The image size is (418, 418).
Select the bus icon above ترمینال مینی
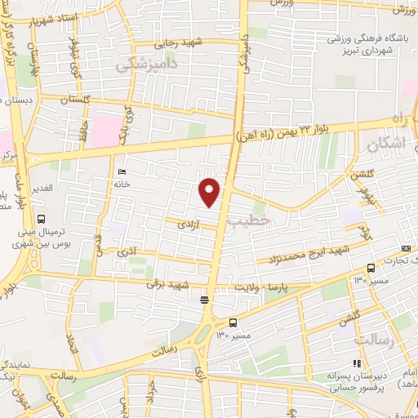pos(41,218)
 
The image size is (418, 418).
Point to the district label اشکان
pos(386,145)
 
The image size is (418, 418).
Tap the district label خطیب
pos(247,220)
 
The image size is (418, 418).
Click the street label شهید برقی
pos(174,285)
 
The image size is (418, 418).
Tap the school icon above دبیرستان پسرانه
pos(356,364)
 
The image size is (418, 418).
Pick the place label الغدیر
pos(41,188)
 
